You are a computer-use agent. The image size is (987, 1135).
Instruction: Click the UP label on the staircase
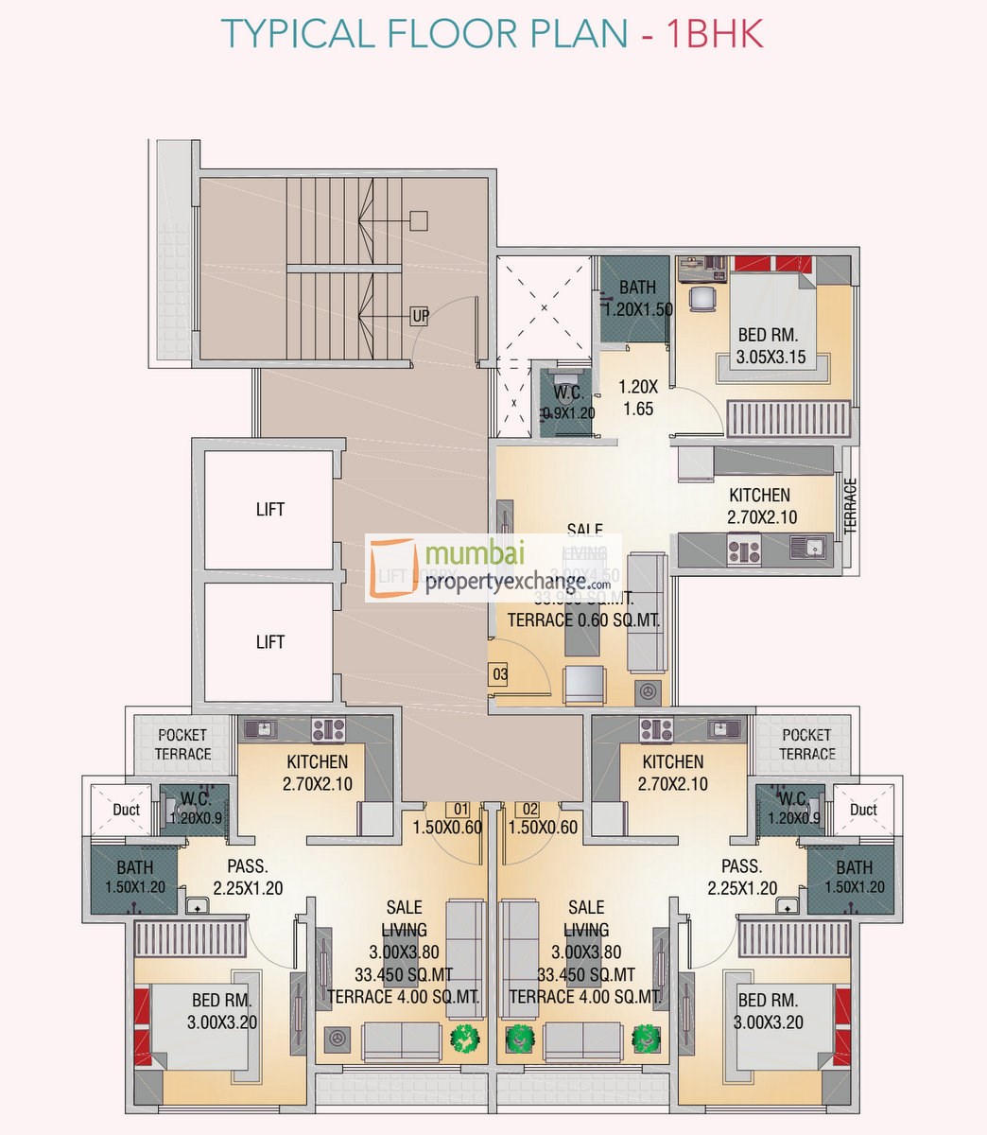click(420, 316)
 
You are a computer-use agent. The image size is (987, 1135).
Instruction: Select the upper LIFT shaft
click(269, 510)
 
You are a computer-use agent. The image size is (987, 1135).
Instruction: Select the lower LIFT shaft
click(269, 642)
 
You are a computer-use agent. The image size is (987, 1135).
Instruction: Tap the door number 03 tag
click(499, 674)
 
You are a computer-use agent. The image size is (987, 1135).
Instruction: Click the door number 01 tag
click(461, 810)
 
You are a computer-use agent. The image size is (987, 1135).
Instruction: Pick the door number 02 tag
click(529, 810)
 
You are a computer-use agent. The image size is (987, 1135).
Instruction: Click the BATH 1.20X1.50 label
click(638, 298)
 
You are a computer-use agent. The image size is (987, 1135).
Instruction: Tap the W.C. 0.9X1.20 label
click(567, 402)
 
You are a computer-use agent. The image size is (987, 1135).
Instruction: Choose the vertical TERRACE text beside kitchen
click(850, 506)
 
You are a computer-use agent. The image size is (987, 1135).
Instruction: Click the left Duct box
click(126, 810)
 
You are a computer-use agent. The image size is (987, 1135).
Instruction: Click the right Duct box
click(863, 810)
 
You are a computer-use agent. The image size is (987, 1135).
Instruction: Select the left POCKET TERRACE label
click(182, 744)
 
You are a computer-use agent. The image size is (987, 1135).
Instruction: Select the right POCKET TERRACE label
click(806, 744)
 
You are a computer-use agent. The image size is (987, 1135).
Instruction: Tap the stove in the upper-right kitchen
click(743, 550)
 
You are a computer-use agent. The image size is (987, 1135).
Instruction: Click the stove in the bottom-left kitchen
click(328, 729)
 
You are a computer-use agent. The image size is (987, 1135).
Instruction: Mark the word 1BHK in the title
click(714, 34)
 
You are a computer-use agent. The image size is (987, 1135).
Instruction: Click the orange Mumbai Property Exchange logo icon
click(392, 567)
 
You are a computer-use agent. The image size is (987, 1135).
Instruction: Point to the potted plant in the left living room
click(464, 1038)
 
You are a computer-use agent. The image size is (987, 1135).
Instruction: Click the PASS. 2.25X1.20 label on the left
click(248, 877)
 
